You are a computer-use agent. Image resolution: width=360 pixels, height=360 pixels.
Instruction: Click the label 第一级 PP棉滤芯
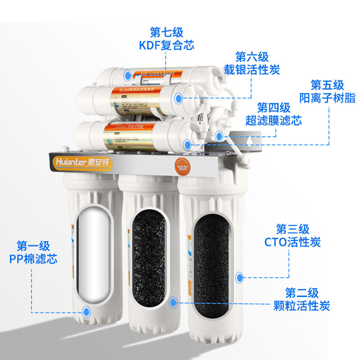[33, 252]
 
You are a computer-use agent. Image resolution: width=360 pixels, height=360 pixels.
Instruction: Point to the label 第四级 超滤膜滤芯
[274, 114]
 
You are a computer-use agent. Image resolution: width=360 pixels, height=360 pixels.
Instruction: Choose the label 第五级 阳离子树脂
[327, 91]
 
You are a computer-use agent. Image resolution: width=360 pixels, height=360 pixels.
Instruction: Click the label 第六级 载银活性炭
[252, 63]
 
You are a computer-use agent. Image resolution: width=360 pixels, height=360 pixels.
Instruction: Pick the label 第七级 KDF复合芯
[166, 39]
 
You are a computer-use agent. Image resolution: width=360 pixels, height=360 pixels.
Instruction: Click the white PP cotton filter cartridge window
[94, 255]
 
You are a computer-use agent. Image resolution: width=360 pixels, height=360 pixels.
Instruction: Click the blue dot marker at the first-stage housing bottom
[86, 310]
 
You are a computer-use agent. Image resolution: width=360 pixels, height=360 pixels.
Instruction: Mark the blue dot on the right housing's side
[239, 276]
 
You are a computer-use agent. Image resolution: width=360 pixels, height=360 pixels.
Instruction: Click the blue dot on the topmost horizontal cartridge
[128, 75]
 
